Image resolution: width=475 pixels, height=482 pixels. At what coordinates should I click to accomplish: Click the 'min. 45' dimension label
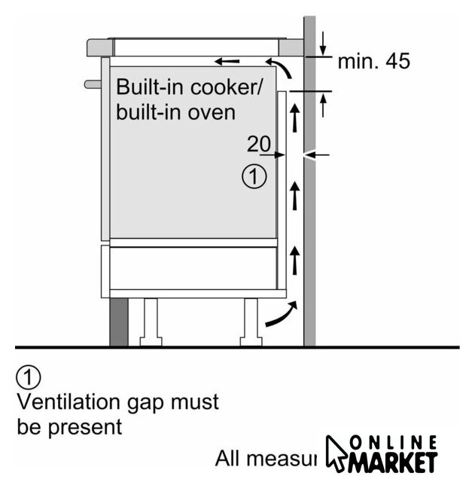tap(373, 62)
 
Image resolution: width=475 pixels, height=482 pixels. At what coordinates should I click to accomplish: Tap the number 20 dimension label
tap(258, 144)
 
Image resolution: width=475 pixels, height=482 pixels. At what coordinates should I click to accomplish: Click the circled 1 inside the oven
tap(254, 178)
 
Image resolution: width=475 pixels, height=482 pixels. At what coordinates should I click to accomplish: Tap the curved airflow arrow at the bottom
tap(281, 314)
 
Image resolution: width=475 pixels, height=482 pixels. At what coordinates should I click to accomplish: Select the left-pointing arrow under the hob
tap(227, 60)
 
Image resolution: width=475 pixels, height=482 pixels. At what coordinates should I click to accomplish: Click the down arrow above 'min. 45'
tap(323, 41)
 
